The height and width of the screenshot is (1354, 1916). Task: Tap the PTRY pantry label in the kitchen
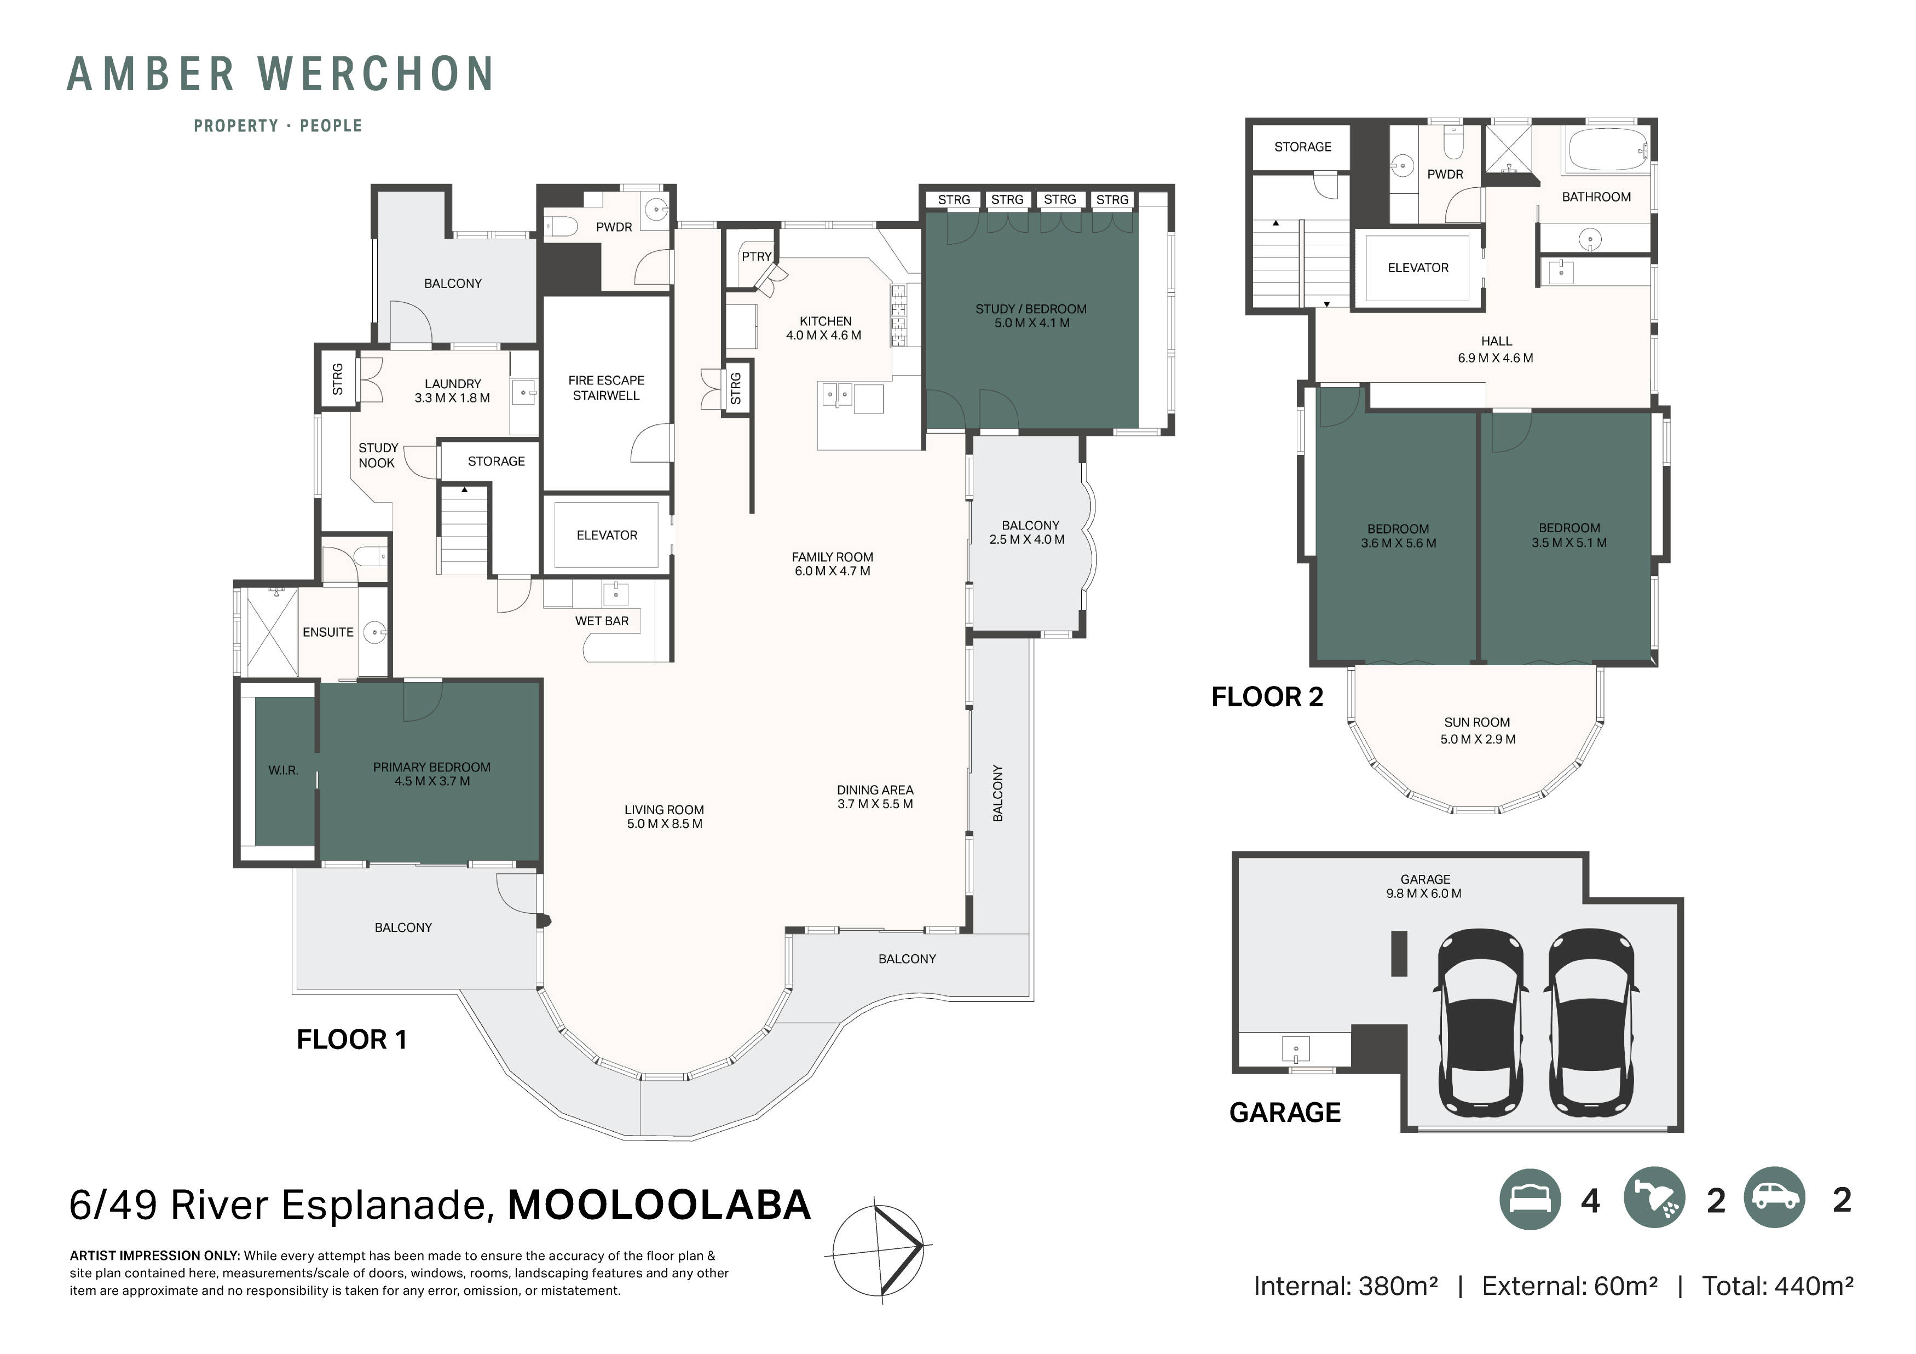(756, 256)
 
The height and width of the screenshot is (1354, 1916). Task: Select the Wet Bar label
(602, 621)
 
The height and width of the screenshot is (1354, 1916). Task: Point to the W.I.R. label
(283, 770)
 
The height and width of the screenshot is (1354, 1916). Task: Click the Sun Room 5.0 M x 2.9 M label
(1477, 730)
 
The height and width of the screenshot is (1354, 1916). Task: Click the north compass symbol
(879, 1249)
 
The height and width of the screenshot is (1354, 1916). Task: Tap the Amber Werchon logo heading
(280, 74)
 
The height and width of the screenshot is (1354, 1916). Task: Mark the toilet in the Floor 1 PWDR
(562, 226)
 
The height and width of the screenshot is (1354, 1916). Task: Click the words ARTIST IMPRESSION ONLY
(154, 1255)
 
